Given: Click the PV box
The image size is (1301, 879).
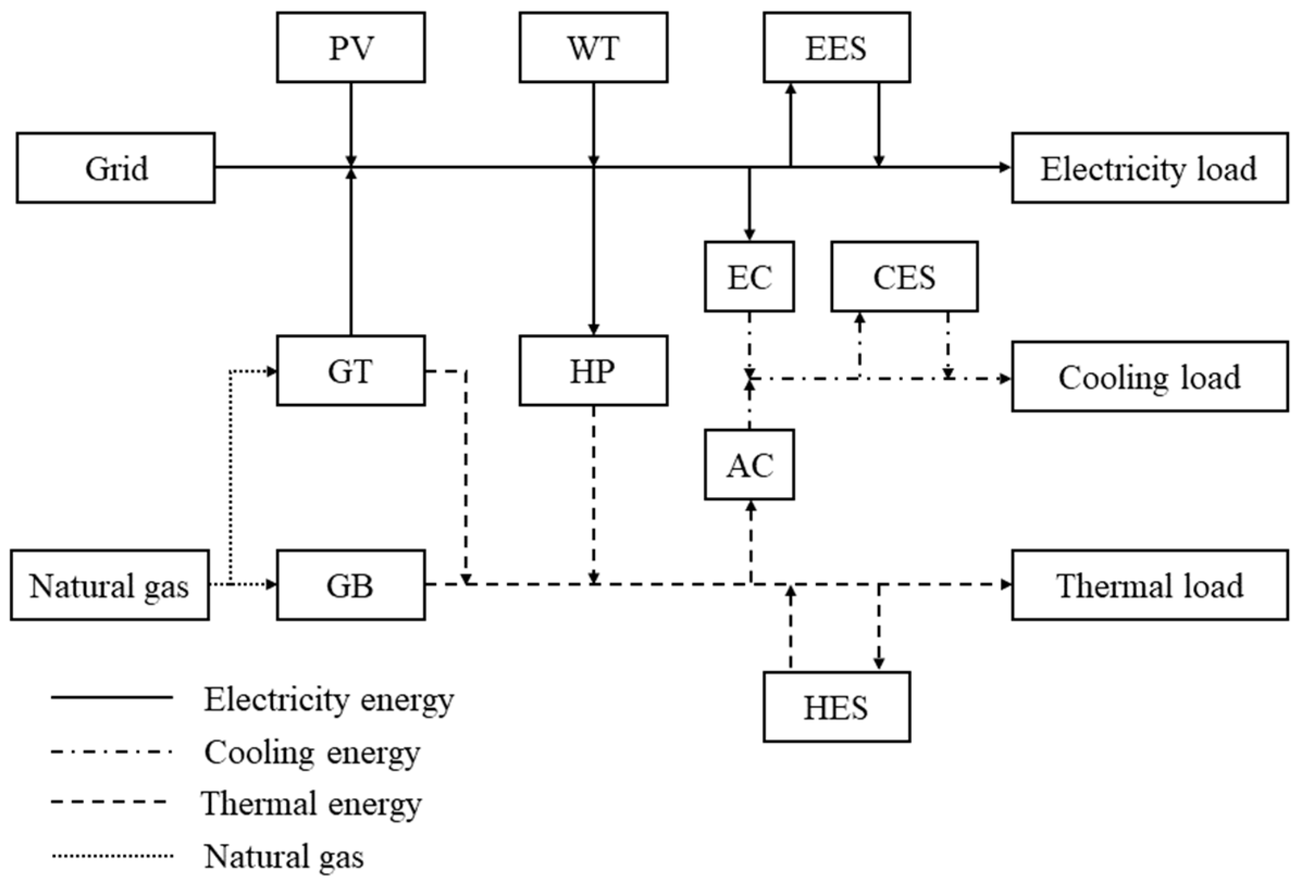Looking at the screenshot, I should (351, 48).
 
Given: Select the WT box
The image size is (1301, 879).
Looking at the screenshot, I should (593, 48).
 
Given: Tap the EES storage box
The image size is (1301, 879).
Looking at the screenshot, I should (836, 48).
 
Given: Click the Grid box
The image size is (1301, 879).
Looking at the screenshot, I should (115, 168).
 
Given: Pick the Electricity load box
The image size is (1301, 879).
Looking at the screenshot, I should (1149, 168).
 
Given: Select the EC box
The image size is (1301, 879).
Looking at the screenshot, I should (749, 277).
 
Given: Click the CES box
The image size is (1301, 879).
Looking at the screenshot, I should (904, 277).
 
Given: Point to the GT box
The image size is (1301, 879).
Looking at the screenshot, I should (351, 371).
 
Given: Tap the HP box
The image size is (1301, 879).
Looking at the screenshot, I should (593, 371).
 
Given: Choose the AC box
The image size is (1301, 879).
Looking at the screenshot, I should (749, 464).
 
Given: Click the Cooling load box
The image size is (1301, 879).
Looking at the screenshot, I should (1149, 376).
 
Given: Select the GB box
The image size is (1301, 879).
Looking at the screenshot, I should (351, 585).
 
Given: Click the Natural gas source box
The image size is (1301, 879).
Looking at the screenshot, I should (110, 585).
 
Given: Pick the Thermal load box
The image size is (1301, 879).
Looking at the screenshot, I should (1149, 585).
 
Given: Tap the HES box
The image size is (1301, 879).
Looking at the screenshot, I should (836, 707).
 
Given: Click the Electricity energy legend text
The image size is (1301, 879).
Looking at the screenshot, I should (328, 699).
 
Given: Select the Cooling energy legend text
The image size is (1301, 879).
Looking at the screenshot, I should (312, 752).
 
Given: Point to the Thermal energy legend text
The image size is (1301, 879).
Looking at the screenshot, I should (312, 803).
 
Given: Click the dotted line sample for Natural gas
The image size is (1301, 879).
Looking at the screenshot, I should (112, 856).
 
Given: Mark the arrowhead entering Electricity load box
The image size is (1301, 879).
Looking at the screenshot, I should (1005, 167).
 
